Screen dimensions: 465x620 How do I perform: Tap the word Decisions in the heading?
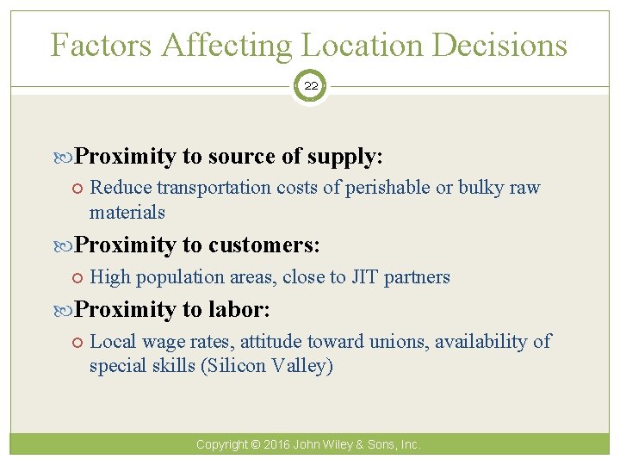(x=500, y=45)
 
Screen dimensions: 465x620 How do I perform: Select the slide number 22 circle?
(x=310, y=85)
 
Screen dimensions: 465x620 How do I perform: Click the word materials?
(x=127, y=212)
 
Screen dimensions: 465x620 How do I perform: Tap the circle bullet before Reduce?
(x=78, y=188)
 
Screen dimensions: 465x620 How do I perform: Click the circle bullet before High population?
(x=78, y=276)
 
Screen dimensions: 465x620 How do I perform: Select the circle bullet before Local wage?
(x=78, y=341)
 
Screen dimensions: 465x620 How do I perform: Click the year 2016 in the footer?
(x=276, y=444)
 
